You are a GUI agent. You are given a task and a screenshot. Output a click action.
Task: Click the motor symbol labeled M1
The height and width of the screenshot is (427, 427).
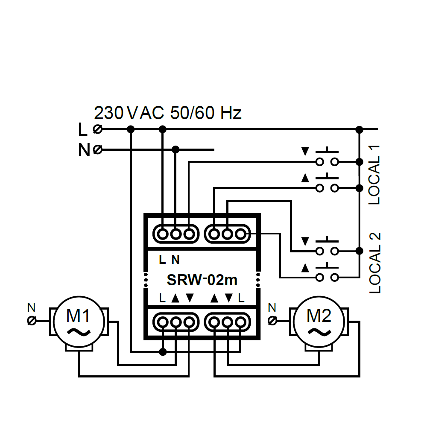[x=79, y=323]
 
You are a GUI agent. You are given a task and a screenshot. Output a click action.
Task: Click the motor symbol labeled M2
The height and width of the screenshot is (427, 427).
[x=319, y=323]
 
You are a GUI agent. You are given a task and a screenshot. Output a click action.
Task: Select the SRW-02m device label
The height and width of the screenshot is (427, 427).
[x=202, y=280]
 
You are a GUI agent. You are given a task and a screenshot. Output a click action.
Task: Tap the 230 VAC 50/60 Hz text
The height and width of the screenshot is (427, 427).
[x=168, y=113]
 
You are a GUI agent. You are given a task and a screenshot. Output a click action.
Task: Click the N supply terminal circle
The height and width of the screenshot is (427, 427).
[x=97, y=150]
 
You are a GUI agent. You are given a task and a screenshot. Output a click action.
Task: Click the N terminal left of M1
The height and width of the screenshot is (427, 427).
[x=32, y=320]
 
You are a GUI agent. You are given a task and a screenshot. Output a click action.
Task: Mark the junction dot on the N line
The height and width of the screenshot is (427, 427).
[x=175, y=149]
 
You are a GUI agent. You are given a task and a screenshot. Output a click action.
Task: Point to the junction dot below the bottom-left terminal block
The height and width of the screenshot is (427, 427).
[x=162, y=352]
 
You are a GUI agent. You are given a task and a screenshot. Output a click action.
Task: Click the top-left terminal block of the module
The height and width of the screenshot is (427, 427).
[x=176, y=234]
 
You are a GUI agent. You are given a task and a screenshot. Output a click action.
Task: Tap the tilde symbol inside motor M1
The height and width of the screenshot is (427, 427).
[x=79, y=332]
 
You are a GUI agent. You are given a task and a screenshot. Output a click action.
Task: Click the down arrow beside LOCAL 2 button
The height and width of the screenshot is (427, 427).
[x=305, y=241]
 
